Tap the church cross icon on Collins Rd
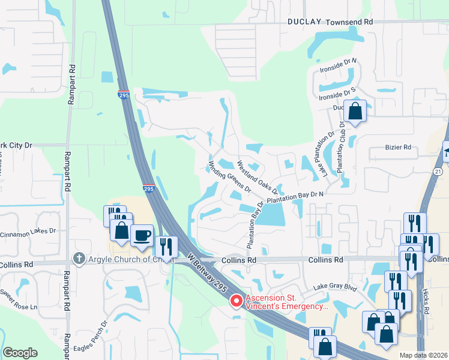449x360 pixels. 77,258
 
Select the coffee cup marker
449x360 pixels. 142,235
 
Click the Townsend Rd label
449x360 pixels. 349,22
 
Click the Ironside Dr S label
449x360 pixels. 337,95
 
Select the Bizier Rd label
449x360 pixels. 398,147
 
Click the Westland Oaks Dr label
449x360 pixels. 257,173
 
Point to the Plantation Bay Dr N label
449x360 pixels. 295,196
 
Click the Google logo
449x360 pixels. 20,353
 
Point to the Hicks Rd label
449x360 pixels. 426,300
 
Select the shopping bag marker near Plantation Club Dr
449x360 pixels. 355,111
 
